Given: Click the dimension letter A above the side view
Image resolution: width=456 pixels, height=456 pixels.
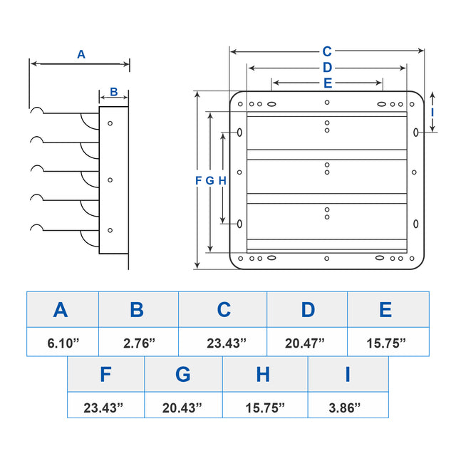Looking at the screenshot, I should (81, 53).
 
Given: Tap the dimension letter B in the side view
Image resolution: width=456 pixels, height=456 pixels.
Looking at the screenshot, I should (113, 93).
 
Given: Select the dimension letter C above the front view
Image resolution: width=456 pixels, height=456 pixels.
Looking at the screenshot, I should (327, 51).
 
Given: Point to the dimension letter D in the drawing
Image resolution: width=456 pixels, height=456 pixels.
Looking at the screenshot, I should (327, 68).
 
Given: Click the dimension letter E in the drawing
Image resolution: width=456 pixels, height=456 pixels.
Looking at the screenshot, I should (327, 83).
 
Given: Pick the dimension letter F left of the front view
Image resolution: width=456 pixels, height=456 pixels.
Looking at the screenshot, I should (199, 181).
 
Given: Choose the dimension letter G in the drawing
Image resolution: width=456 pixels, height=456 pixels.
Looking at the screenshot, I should (209, 181).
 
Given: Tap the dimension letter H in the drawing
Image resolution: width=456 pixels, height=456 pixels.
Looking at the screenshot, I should (222, 181).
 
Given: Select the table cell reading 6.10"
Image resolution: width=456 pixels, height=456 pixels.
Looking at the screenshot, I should (63, 343).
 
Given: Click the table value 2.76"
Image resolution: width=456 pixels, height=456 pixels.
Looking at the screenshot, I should (139, 343).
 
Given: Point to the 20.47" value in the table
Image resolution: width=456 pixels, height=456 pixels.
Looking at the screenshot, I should (305, 343).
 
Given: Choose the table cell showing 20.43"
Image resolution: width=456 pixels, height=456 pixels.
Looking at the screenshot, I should (182, 408).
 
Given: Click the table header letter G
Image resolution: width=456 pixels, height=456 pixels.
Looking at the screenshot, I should (183, 375).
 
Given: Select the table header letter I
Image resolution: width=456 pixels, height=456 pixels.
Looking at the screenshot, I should (348, 375).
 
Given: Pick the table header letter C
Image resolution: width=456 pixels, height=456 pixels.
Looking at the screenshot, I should (224, 310).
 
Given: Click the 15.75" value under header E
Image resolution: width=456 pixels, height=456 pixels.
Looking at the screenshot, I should (386, 343).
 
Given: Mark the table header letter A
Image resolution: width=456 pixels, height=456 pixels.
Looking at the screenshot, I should (61, 310).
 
